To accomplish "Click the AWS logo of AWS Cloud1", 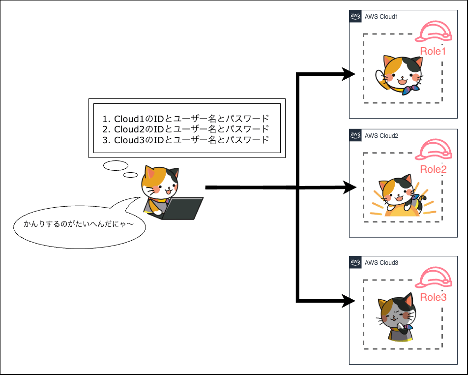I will [355, 16].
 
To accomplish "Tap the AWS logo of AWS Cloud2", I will [355, 135].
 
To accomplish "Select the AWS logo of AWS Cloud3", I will [355, 262].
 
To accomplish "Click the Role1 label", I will [433, 52].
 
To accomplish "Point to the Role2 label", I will [433, 170].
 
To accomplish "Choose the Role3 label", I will [433, 297].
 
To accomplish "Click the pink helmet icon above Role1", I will [433, 31].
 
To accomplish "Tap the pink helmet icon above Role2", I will [433, 150].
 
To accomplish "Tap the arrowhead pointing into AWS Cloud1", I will [350, 75].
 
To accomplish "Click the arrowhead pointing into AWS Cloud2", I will [350, 187].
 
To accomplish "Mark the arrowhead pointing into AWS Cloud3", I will [350, 300].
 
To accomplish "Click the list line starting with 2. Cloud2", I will [186, 129].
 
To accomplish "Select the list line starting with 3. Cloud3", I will [186, 140].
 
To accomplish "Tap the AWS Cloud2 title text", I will [381, 135].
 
